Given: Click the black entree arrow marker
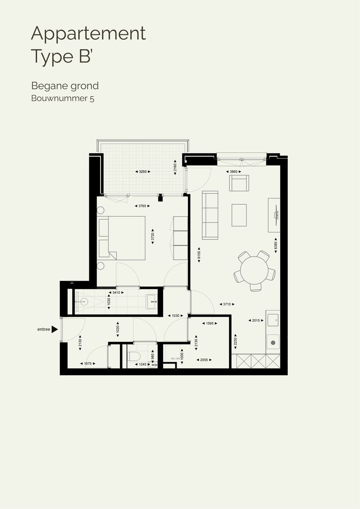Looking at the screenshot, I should (x=55, y=329).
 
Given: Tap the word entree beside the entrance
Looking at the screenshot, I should (x=44, y=329).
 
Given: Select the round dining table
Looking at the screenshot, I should (x=254, y=270).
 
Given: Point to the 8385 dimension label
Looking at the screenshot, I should (x=276, y=245).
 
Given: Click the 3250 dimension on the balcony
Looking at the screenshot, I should (x=143, y=172).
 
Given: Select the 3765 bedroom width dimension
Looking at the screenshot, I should (x=142, y=206).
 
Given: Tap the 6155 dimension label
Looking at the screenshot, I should (x=199, y=255).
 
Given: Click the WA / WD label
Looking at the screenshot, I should (x=175, y=359).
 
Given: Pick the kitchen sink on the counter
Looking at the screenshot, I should (x=273, y=320).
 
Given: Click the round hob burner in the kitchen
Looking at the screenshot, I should (x=273, y=343).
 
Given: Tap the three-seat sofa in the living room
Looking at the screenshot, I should (x=210, y=215).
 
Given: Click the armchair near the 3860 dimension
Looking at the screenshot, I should (x=239, y=183).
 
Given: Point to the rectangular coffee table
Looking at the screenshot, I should (x=239, y=215).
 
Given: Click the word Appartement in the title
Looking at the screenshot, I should (x=88, y=33).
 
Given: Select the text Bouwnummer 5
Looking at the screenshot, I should (x=63, y=98).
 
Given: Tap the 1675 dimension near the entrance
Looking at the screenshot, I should (x=88, y=364).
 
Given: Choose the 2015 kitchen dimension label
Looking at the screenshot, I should (x=256, y=320).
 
